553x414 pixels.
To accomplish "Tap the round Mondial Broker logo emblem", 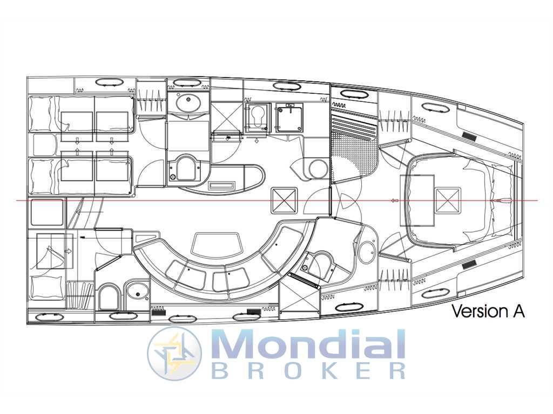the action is tap(174, 353).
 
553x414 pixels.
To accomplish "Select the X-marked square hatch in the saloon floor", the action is tap(284, 201).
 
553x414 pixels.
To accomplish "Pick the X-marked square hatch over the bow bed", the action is tap(448, 201).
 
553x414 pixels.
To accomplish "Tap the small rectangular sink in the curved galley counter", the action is tap(222, 186).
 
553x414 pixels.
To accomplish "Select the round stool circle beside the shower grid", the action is tap(319, 169).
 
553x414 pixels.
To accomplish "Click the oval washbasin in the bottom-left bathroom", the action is tap(137, 291).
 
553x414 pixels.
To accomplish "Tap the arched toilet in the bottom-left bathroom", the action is tap(108, 298).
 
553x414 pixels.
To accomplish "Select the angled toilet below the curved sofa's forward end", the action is tap(319, 266).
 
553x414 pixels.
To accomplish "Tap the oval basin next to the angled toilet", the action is tap(367, 252).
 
